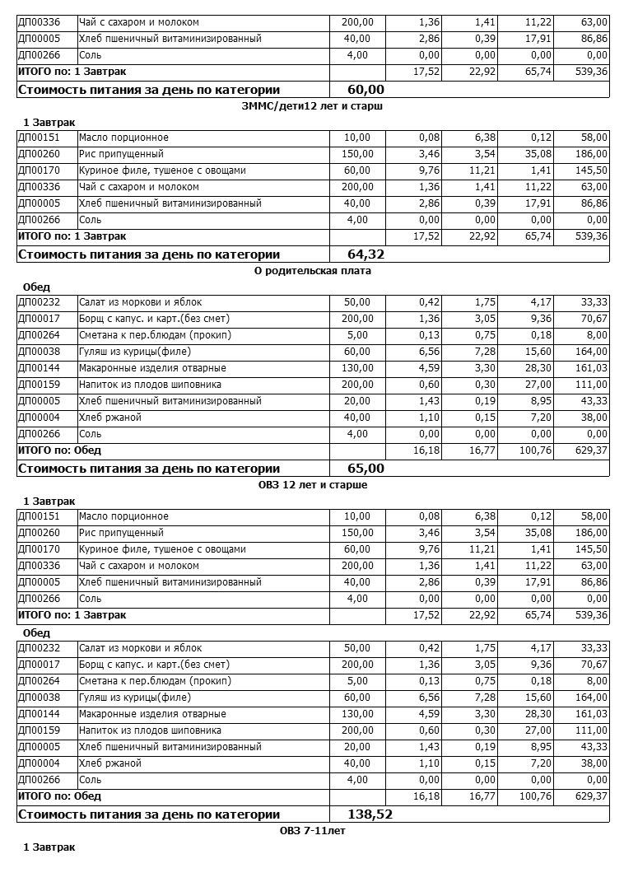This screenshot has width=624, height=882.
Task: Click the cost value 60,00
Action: pyautogui.click(x=366, y=89)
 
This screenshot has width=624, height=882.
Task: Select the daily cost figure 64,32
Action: pyautogui.click(x=366, y=254)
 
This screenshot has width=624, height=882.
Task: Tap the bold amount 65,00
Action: pyautogui.click(x=366, y=468)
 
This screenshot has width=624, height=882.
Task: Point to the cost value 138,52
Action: pyautogui.click(x=370, y=814)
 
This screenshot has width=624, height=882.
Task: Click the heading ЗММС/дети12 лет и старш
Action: pyautogui.click(x=313, y=105)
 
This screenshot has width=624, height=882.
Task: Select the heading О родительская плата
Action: pyautogui.click(x=313, y=270)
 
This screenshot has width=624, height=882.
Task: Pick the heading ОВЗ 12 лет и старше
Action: pyautogui.click(x=313, y=484)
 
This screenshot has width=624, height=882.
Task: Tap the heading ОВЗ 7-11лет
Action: pyautogui.click(x=313, y=830)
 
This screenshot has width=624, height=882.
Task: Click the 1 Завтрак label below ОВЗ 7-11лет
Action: pyautogui.click(x=49, y=847)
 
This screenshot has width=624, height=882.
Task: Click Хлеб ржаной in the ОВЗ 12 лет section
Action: pyautogui.click(x=109, y=763)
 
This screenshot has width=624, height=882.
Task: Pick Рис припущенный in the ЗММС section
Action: pyautogui.click(x=121, y=154)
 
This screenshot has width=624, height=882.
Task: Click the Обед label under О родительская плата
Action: pyautogui.click(x=36, y=287)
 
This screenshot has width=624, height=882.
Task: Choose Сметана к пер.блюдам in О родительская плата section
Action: pyautogui.click(x=155, y=335)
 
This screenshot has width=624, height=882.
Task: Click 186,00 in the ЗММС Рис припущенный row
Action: pyautogui.click(x=592, y=154)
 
